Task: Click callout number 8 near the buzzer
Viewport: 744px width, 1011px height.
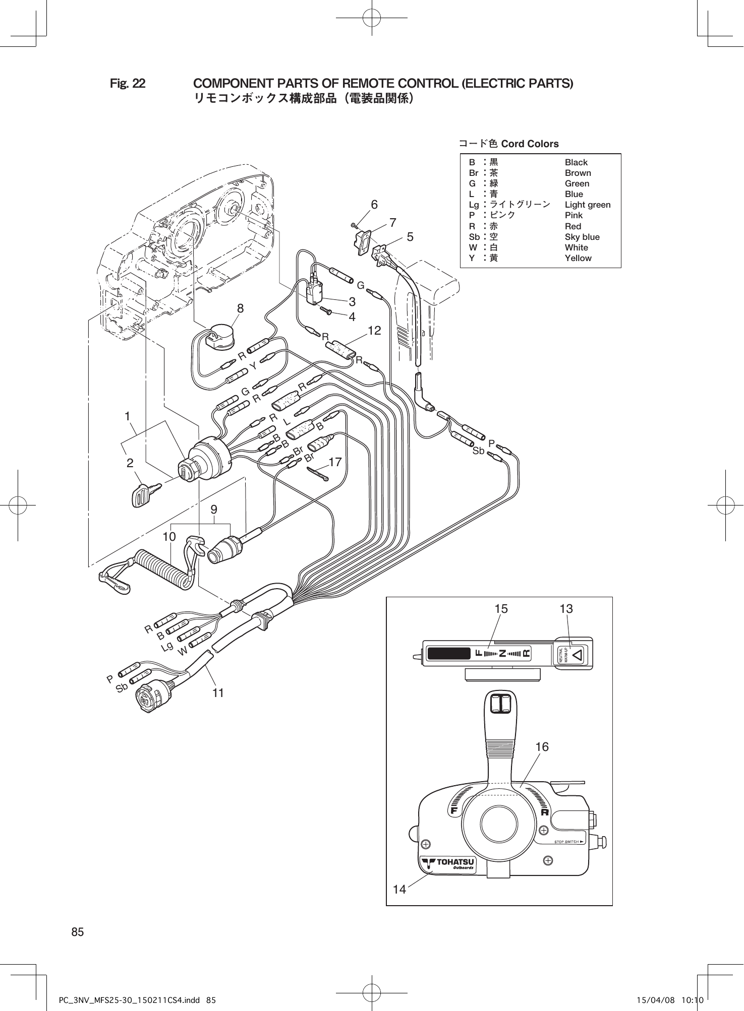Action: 241,308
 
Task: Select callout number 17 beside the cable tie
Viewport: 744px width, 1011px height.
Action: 335,462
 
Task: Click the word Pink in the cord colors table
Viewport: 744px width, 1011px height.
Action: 574,215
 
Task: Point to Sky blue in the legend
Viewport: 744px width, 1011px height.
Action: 582,237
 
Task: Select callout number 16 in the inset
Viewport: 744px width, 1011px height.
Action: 542,746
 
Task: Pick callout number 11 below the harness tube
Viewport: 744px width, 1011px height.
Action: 218,693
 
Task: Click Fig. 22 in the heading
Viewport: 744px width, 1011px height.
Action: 128,83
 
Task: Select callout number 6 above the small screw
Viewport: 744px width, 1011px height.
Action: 374,205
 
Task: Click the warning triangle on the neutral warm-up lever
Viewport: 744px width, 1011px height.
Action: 578,654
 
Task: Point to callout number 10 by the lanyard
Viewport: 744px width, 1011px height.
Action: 169,537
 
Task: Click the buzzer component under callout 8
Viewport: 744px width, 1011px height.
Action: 220,339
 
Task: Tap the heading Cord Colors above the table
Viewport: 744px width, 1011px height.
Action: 530,144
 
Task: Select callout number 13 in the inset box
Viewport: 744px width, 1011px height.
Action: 566,609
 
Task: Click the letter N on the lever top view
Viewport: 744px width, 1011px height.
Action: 502,654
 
